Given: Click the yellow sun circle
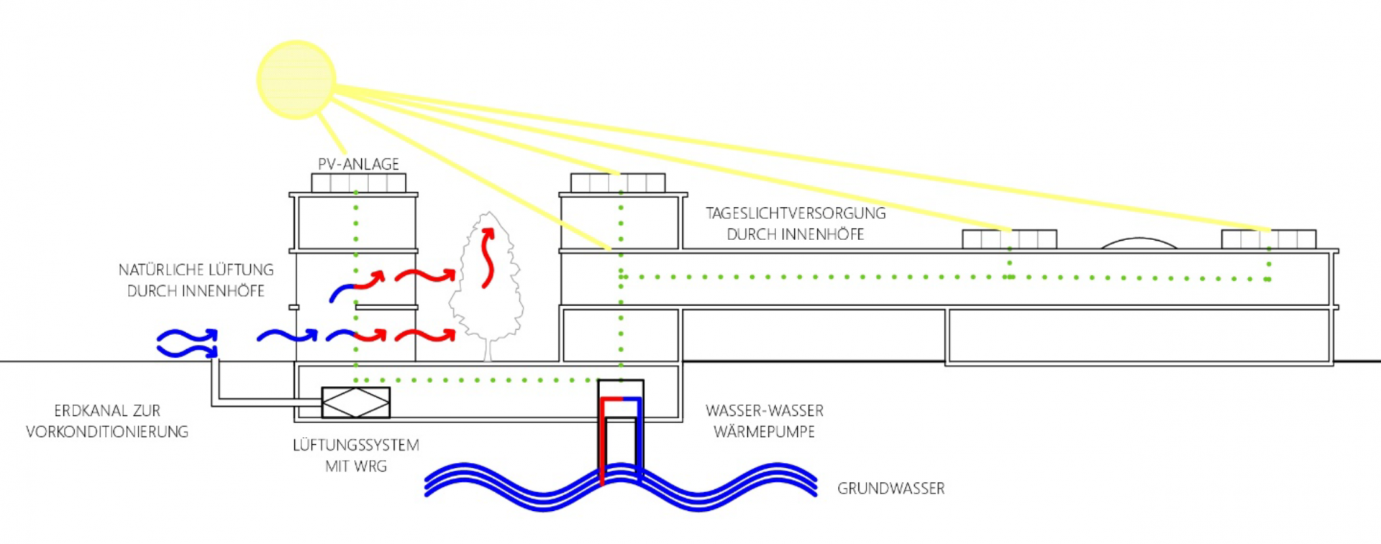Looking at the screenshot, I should click(296, 79).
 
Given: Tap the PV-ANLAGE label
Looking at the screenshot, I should click(358, 164).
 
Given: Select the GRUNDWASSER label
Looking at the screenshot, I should click(890, 489).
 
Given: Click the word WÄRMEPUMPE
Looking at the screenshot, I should click(764, 432).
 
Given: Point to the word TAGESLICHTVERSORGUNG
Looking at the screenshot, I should click(795, 213).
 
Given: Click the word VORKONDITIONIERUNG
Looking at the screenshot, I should click(107, 432).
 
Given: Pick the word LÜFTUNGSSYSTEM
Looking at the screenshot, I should click(355, 446).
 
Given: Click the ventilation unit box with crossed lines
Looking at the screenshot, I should click(355, 402).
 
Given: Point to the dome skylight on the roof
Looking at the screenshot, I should click(1139, 244).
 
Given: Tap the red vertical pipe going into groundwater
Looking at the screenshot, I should click(603, 446).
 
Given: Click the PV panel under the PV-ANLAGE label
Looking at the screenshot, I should click(358, 183).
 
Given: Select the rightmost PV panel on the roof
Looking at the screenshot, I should click(1268, 239).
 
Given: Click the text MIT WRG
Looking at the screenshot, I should click(355, 466).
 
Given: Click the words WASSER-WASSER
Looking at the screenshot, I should click(764, 411).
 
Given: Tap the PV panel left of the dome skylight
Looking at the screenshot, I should click(1009, 239).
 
